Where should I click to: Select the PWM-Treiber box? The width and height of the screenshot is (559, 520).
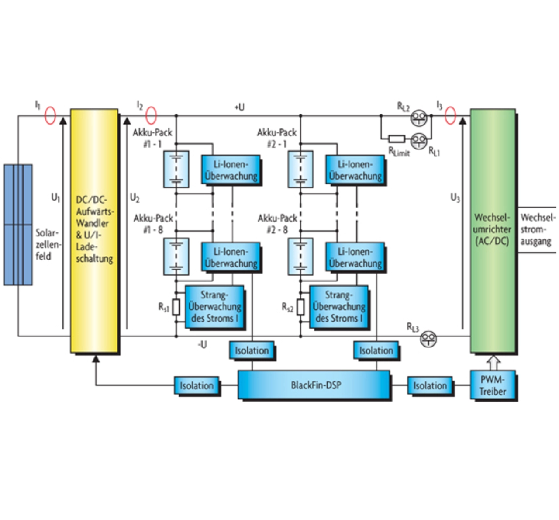click(x=492, y=385)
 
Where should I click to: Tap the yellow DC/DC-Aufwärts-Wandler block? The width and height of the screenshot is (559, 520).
click(x=94, y=230)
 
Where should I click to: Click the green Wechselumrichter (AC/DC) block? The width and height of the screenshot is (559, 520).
click(x=492, y=230)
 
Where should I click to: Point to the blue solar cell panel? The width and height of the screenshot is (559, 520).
click(x=18, y=225)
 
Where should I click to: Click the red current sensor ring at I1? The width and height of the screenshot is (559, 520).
click(x=51, y=116)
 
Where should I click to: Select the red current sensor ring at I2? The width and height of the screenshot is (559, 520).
click(x=151, y=116)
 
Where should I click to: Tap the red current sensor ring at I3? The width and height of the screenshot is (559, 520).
click(x=450, y=116)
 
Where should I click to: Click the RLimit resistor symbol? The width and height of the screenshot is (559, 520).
click(x=396, y=139)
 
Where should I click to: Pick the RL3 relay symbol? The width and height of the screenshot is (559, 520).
click(x=428, y=339)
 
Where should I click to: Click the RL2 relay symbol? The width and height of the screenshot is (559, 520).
click(x=419, y=116)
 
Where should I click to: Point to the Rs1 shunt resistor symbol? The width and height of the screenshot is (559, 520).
click(x=176, y=307)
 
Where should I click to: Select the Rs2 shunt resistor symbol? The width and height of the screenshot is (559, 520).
click(x=300, y=307)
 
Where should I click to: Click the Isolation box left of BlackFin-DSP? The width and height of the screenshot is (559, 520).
click(x=197, y=385)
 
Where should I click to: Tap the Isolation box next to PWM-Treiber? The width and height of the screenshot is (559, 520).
click(x=430, y=385)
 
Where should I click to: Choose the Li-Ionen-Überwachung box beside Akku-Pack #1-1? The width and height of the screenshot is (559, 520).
click(x=231, y=170)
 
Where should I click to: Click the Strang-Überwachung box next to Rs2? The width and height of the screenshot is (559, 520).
click(x=338, y=307)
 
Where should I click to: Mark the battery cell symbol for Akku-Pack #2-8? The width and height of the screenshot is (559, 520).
click(x=300, y=257)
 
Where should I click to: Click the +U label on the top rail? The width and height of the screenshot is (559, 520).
click(x=239, y=107)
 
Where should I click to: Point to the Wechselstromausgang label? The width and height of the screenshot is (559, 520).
click(x=537, y=229)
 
